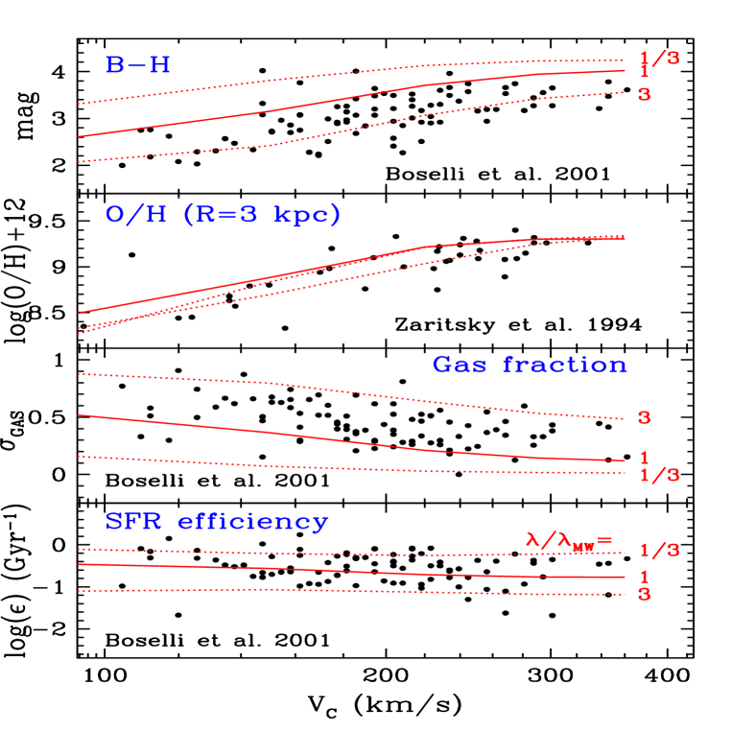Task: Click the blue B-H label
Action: (x=138, y=65)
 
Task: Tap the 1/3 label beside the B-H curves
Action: (x=659, y=59)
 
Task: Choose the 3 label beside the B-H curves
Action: (x=644, y=95)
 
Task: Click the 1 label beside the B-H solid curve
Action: (x=644, y=73)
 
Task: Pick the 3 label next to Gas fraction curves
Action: (x=644, y=418)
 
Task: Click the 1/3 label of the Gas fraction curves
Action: (x=659, y=475)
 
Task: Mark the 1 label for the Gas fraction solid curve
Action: (x=644, y=459)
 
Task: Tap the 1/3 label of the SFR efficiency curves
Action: (x=659, y=551)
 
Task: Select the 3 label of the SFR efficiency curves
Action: (x=644, y=595)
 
